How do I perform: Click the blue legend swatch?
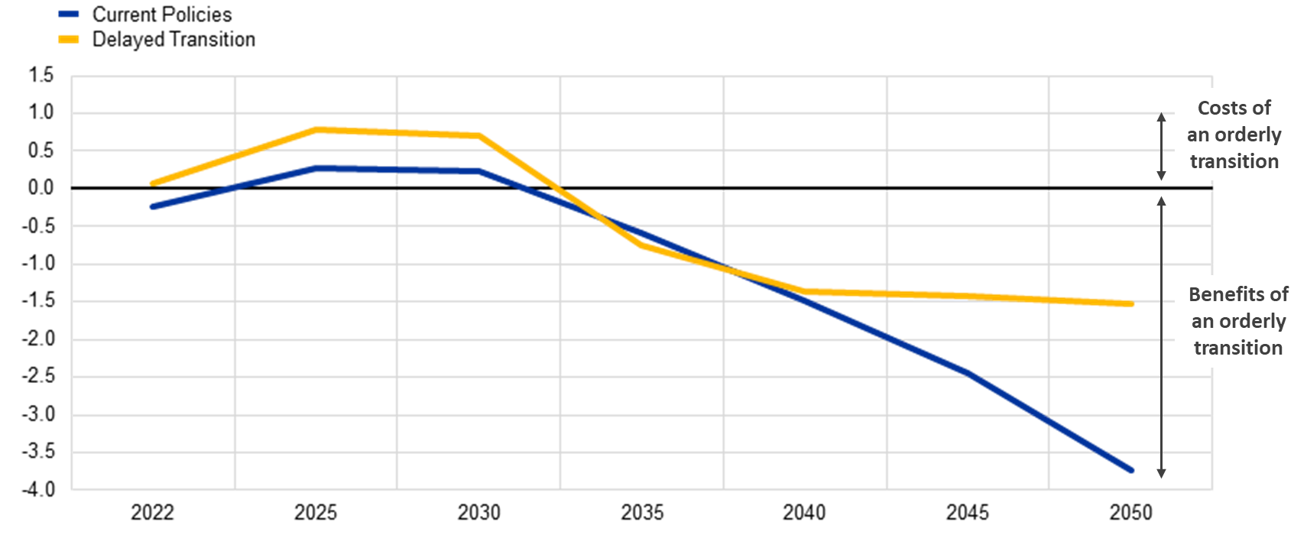coord(68,14)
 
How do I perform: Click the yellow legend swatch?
coord(68,39)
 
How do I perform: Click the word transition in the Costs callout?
coord(1234,161)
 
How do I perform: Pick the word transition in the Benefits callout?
coord(1238,348)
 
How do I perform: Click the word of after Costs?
coord(1262,108)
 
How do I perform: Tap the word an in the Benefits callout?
coord(1202,321)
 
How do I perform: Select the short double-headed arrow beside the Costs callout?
coord(1161,147)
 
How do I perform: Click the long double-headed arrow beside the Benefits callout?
coord(1161,336)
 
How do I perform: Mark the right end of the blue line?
coord(1132,471)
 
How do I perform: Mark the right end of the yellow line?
coord(1132,304)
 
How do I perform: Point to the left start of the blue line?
coord(151,206)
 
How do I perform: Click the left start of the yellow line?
coord(151,183)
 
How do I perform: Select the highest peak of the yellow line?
coord(317,130)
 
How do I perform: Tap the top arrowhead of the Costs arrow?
coord(1161,116)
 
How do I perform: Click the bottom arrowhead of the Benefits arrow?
coord(1161,475)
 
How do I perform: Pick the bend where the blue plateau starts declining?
coord(479,170)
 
